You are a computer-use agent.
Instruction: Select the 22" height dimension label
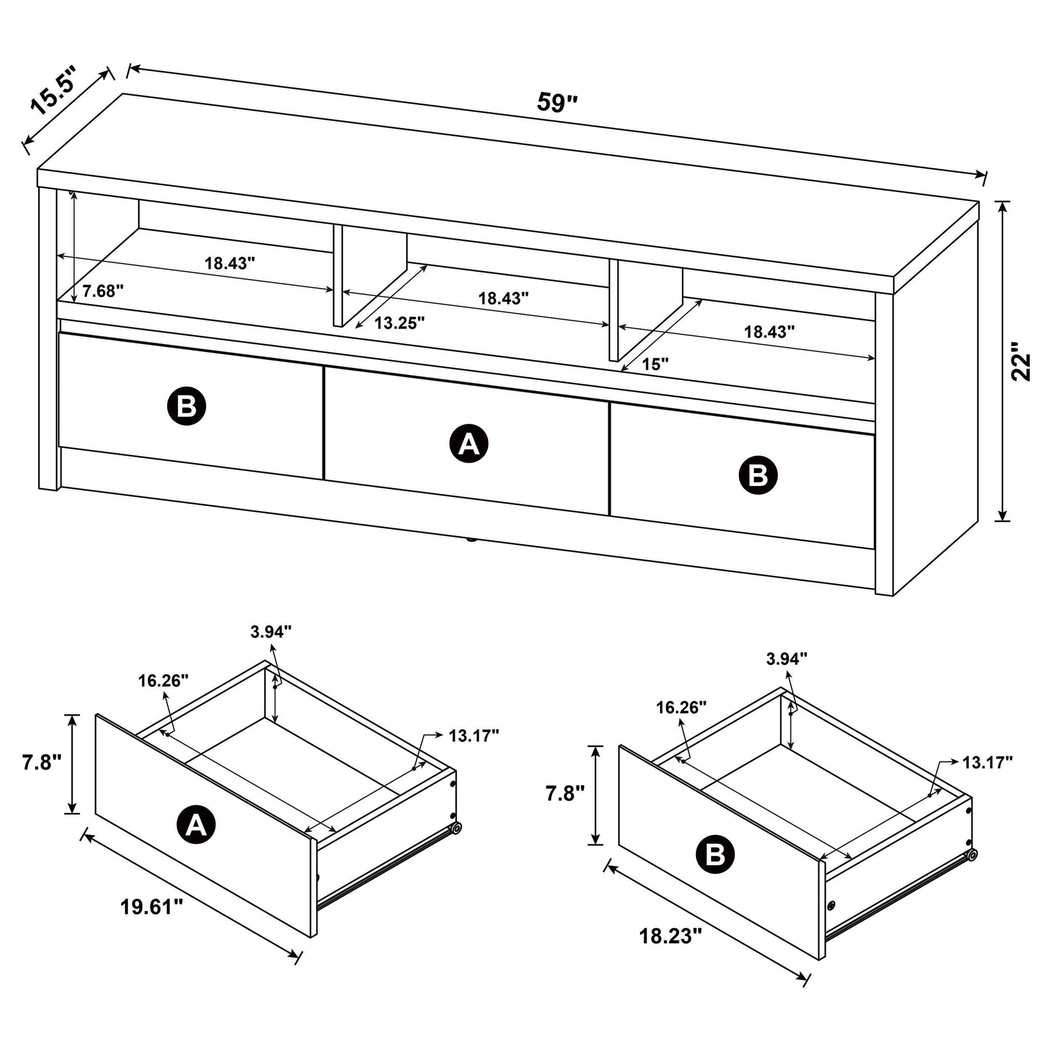1021,362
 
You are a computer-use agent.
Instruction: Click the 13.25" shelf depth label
399,323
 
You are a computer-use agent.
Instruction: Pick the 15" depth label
655,365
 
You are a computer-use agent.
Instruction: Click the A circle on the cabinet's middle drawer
468,445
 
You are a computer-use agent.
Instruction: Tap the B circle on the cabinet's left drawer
186,406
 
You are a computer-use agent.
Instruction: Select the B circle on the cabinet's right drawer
757,475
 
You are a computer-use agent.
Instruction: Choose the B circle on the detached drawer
715,855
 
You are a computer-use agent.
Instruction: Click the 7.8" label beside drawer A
42,762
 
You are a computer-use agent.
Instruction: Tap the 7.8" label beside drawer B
564,793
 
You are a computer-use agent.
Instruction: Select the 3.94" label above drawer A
270,632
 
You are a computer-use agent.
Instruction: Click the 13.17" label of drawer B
987,762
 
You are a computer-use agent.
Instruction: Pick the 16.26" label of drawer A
163,680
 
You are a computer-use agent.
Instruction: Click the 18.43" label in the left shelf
229,264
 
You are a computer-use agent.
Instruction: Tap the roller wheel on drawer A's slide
456,828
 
